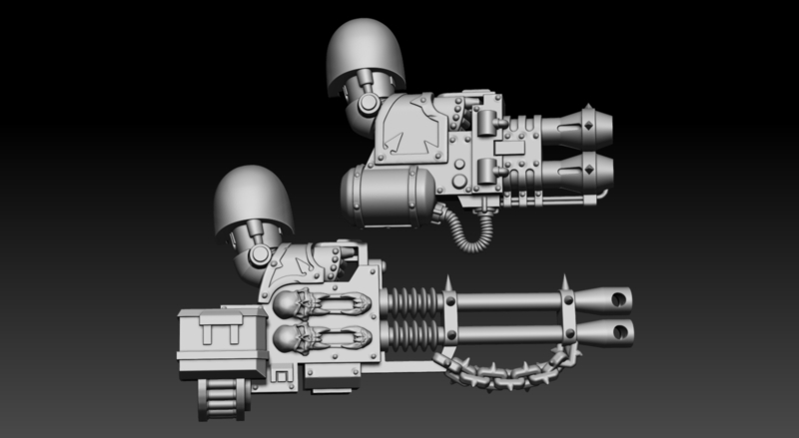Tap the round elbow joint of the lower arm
(260, 255)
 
